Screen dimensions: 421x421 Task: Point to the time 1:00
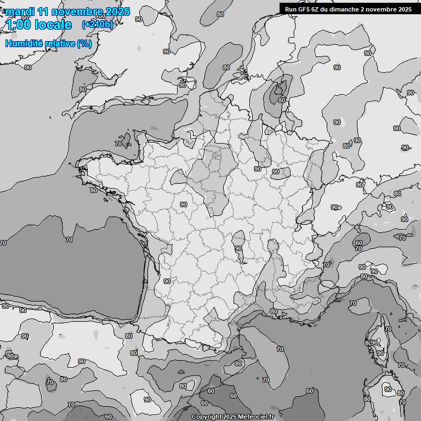pyautogui.click(x=19, y=25)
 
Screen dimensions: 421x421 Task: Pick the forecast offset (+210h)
pyautogui.click(x=98, y=24)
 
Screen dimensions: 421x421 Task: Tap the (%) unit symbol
pyautogui.click(x=84, y=43)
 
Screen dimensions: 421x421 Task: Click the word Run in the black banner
pyautogui.click(x=291, y=9)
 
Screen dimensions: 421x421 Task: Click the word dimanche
pyautogui.click(x=344, y=9)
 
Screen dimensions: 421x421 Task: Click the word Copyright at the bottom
pyautogui.click(x=206, y=417)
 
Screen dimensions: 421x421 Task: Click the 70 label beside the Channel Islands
pyautogui.click(x=118, y=144)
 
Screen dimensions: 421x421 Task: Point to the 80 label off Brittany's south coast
pyautogui.click(x=94, y=190)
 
